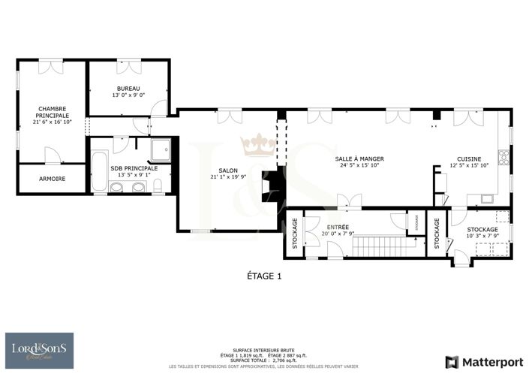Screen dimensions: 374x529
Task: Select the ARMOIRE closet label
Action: click(x=51, y=179)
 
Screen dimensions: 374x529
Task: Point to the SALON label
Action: click(x=222, y=171)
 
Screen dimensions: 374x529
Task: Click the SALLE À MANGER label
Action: click(x=359, y=159)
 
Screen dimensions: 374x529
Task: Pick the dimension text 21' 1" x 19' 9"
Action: click(x=222, y=177)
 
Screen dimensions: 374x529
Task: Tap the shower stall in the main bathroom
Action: click(x=161, y=151)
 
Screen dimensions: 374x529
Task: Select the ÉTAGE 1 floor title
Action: click(x=264, y=276)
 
